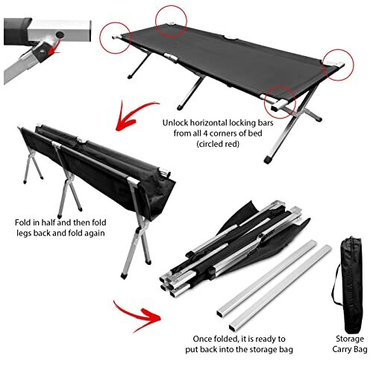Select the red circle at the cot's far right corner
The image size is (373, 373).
click(x=336, y=63)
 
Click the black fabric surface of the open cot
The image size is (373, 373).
click(x=224, y=52)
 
